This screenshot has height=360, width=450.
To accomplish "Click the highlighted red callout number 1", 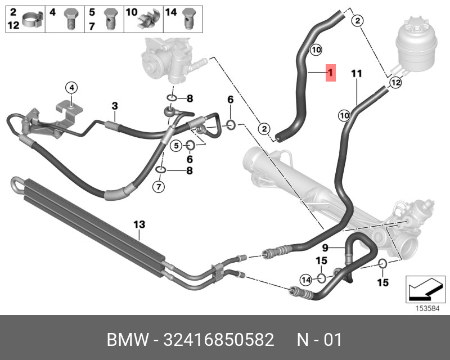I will click(331, 73).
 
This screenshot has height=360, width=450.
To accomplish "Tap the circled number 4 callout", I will click(71, 87).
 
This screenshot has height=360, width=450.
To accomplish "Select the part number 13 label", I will click(139, 224).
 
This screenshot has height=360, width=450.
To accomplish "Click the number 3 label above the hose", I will click(114, 105).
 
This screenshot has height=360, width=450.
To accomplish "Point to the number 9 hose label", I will click(325, 247).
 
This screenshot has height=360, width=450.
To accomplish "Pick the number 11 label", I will click(356, 73).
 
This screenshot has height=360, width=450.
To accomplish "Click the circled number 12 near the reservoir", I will click(395, 83).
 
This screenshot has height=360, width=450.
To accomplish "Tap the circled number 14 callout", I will click(305, 279).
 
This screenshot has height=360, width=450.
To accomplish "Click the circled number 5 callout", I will click(176, 146).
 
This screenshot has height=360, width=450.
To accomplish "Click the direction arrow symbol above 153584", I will click(423, 290).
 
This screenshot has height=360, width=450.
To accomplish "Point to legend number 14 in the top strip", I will click(172, 11).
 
